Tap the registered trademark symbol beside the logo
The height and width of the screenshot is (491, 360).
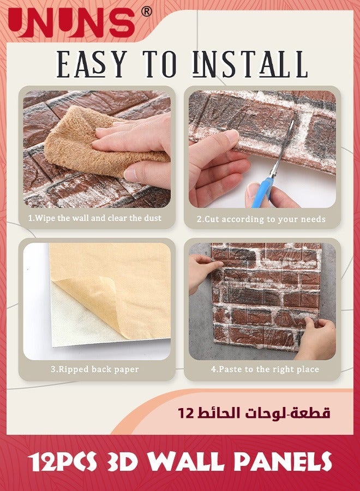click(146, 11)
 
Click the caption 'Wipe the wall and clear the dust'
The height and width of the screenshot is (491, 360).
click(94, 218)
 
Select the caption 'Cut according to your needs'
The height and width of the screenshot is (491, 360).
click(261, 219)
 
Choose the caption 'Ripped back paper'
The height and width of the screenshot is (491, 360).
click(94, 369)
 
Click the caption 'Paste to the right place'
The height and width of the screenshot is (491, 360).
click(265, 369)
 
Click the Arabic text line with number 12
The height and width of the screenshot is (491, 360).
click(254, 413)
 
